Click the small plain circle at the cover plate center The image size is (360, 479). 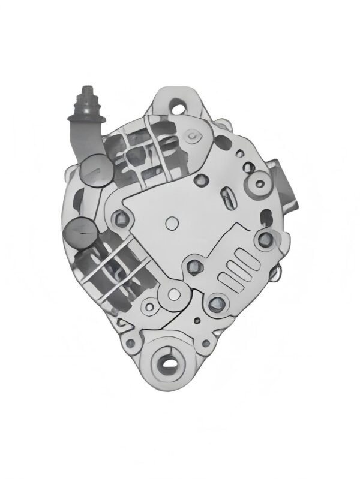coord(170,223)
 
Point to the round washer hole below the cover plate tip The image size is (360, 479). coord(175,294)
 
